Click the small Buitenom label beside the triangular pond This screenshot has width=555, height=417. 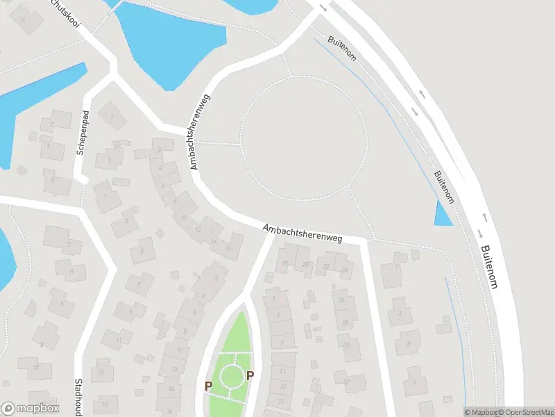tap(445, 187)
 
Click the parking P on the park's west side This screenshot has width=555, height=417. tap(207, 386)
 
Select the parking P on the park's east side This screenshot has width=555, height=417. tap(250, 376)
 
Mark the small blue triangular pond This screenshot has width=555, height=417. tap(441, 214)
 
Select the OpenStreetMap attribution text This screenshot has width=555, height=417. tap(525, 412)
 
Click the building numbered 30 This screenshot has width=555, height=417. tap(347, 345)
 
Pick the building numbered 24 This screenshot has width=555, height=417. tap(345, 268)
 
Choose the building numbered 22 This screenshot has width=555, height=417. tap(326, 266)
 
